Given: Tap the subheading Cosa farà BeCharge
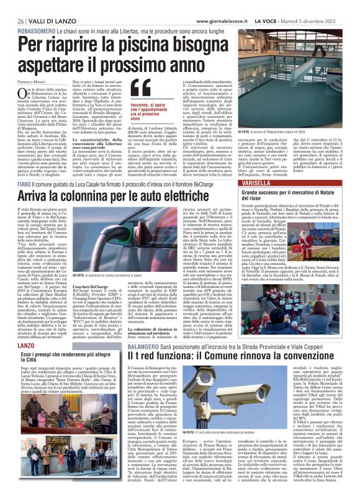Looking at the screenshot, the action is point(88,269).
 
